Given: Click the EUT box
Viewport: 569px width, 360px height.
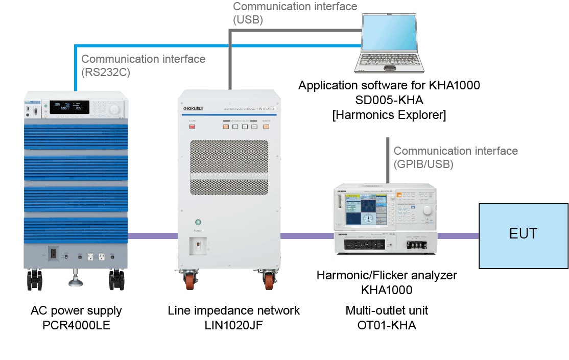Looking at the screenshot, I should [523, 235].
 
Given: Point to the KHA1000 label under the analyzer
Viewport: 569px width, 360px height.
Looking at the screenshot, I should [386, 290].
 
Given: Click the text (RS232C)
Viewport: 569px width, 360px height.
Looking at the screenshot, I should [106, 72].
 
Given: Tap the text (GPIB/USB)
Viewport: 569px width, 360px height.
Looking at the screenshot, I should [423, 164].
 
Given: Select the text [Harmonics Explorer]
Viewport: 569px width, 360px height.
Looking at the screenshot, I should [389, 115].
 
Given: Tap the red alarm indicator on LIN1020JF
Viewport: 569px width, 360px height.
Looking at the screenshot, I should [193, 126].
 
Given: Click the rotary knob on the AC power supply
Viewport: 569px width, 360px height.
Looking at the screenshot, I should [114, 109].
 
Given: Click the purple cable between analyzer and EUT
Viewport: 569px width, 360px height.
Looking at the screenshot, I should [458, 236].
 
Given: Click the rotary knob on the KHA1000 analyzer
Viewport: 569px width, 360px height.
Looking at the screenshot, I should [425, 209].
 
